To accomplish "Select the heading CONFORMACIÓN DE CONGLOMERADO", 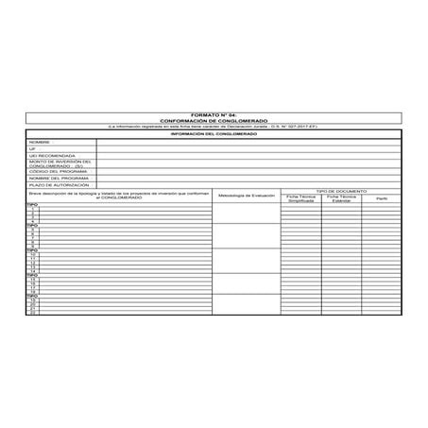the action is pyautogui.click(x=214, y=120).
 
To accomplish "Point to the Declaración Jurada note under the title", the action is pyautogui.click(x=214, y=126).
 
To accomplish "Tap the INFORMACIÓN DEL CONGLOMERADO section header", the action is pyautogui.click(x=214, y=133).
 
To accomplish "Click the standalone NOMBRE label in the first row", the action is pyautogui.click(x=39, y=141).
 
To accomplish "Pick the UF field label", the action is pyautogui.click(x=33, y=148).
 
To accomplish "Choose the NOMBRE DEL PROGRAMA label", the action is pyautogui.click(x=55, y=178).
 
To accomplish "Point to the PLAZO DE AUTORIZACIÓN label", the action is pyautogui.click(x=55, y=185).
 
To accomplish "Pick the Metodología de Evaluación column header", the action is pyautogui.click(x=246, y=196).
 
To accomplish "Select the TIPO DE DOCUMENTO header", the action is pyautogui.click(x=340, y=191).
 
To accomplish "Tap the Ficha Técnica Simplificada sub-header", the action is pyautogui.click(x=300, y=199).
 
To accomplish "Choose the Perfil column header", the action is pyautogui.click(x=381, y=199).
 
